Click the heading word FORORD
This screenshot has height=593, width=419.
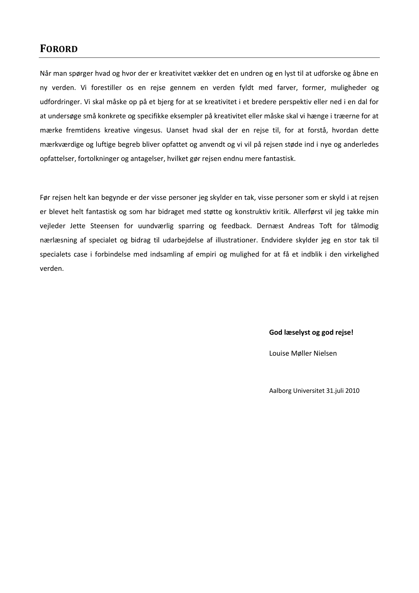[59, 49]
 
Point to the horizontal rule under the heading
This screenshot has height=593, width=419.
[209, 58]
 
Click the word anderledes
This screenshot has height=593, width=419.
[362, 144]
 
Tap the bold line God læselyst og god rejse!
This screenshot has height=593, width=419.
[311, 332]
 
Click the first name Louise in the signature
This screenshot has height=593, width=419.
[279, 353]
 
